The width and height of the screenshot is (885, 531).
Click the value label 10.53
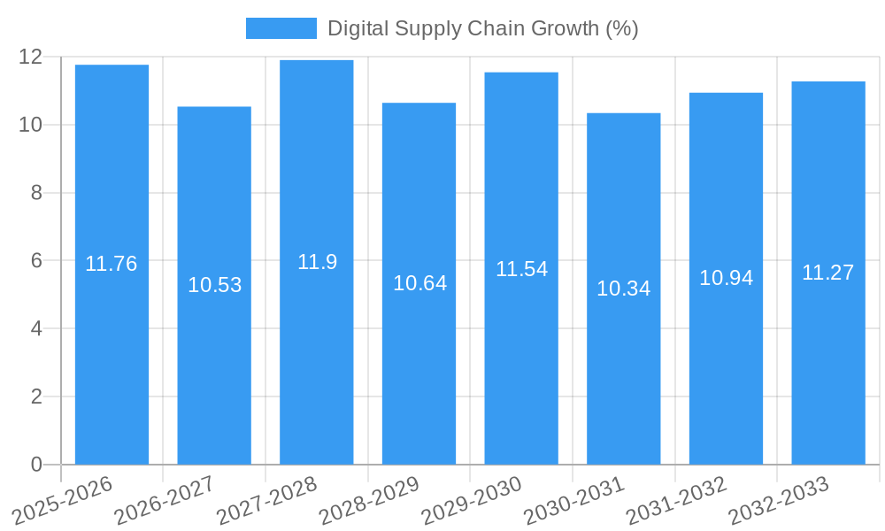tap(214, 285)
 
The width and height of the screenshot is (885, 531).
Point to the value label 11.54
tap(521, 269)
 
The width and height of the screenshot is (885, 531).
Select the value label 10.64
tap(419, 283)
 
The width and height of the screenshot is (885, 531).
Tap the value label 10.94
tap(726, 278)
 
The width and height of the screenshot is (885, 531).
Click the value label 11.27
tap(828, 273)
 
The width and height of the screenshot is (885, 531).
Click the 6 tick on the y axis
tap(36, 260)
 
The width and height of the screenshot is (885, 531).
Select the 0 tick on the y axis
tap(36, 465)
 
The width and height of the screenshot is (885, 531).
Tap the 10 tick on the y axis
tap(30, 125)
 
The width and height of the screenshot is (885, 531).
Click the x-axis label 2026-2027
tap(165, 500)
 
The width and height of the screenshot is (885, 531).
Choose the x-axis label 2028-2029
tap(369, 500)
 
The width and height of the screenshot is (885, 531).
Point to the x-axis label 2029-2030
tap(472, 500)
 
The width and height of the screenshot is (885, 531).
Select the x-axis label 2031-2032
tap(676, 500)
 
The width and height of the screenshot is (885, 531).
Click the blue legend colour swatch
tap(281, 28)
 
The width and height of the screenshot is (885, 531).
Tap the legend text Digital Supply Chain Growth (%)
tap(482, 28)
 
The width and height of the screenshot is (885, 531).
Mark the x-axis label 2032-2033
tap(779, 500)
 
